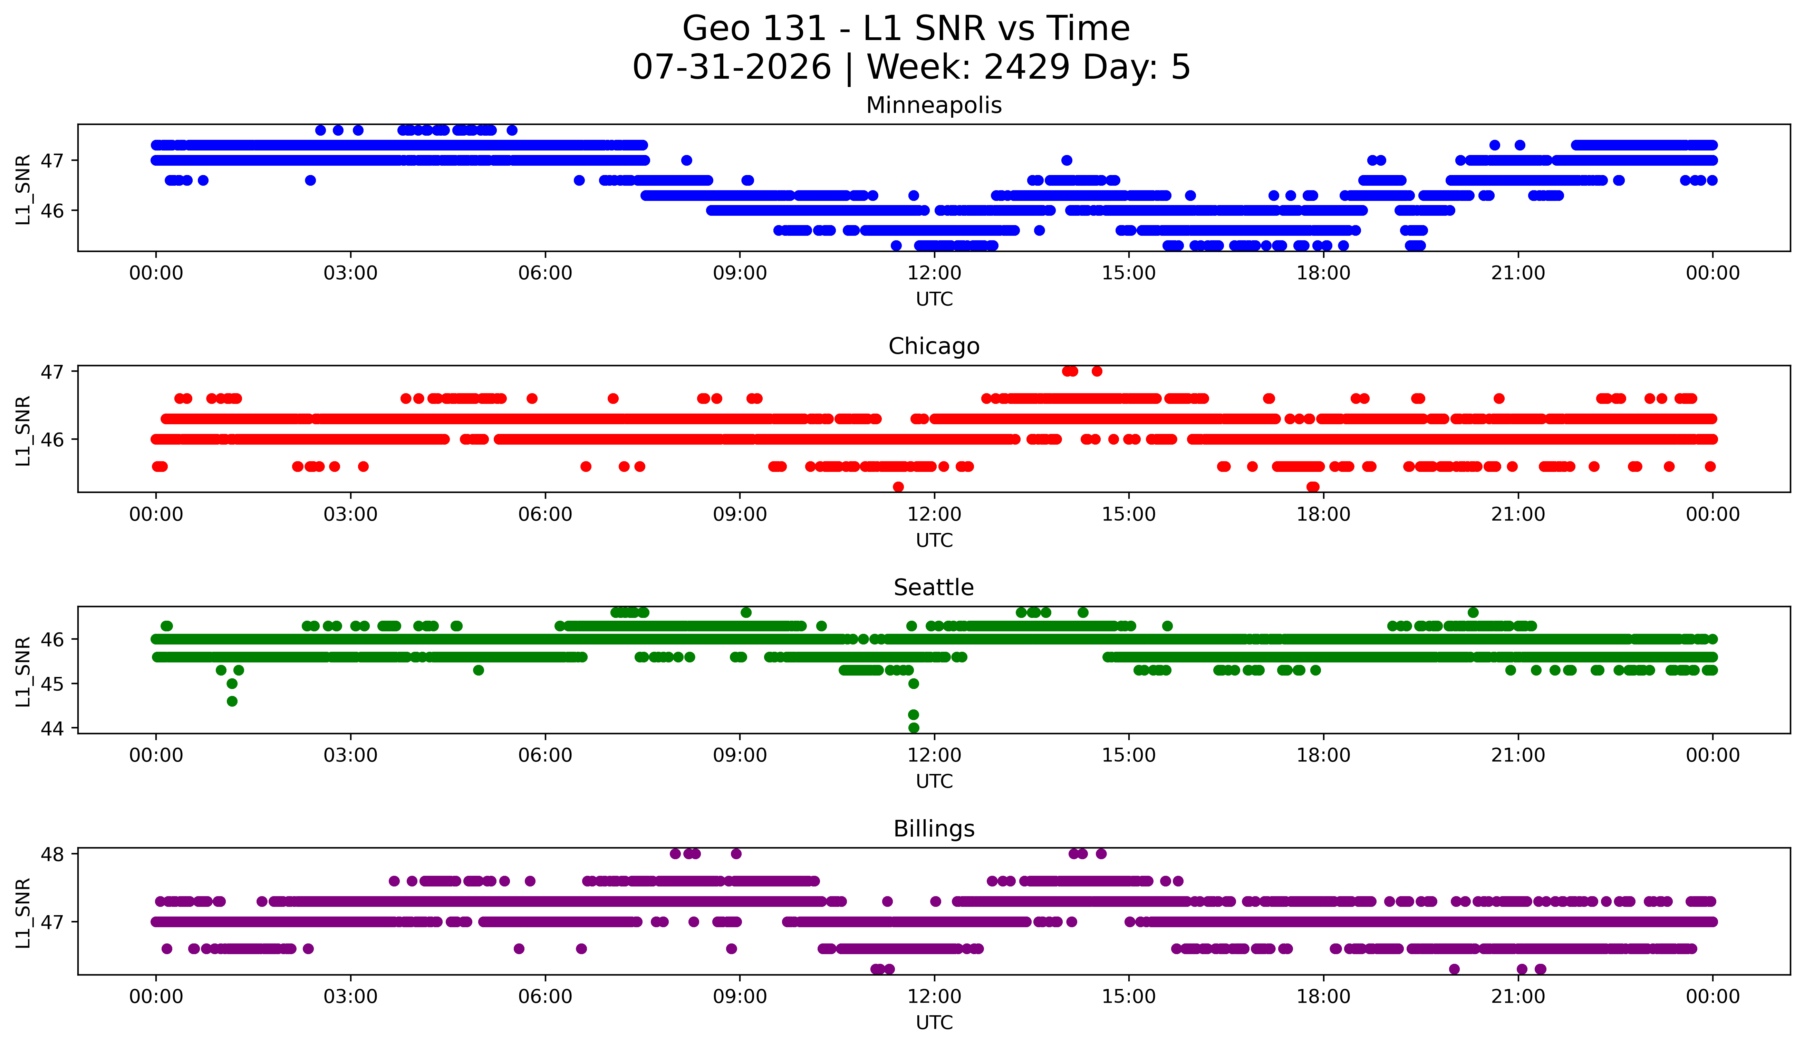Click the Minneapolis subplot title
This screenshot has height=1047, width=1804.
934,105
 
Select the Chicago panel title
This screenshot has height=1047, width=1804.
934,346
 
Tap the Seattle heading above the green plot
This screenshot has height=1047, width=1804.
934,588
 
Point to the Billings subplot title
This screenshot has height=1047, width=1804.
934,829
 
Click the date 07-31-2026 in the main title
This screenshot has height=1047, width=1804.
732,67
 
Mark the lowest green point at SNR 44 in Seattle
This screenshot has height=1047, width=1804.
914,728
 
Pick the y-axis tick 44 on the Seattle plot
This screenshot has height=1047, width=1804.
52,728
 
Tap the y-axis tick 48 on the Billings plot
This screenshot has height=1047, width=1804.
52,854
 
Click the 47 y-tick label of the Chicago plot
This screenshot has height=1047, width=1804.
52,371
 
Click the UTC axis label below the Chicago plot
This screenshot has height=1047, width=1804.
934,540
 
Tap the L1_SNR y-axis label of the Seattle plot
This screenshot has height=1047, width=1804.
23,671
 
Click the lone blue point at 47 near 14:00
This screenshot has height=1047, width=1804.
1067,160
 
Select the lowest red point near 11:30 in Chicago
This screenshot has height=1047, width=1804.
898,487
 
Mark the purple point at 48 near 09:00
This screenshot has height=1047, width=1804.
736,854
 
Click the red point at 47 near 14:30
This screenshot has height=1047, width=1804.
1097,371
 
